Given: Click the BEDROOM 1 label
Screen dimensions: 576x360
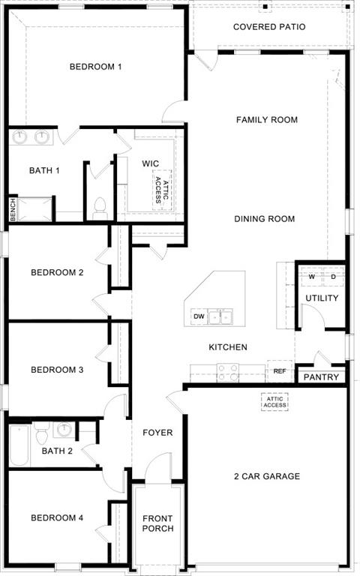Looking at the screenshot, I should [95, 67].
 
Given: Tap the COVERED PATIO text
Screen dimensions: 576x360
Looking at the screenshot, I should [268, 27].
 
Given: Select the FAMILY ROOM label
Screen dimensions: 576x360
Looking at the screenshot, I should [266, 120].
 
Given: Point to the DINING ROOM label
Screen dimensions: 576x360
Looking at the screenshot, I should [264, 219].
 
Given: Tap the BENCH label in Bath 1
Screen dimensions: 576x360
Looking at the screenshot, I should [13, 209].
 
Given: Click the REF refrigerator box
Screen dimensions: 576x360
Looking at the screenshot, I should [279, 371].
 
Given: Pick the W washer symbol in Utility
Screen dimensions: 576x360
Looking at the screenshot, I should [311, 277].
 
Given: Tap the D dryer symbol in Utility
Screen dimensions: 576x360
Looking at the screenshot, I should [333, 277].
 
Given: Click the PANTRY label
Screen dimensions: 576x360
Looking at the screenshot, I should [321, 377].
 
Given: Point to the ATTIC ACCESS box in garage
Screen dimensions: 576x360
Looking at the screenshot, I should [274, 402].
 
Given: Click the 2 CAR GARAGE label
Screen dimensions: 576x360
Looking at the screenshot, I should [266, 476].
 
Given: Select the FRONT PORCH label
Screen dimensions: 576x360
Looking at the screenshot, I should [157, 523].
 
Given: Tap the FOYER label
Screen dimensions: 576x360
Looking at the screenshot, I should [157, 433].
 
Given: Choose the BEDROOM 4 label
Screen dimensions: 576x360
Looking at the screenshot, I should [57, 518].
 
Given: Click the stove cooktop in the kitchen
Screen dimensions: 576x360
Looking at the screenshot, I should [227, 370].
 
